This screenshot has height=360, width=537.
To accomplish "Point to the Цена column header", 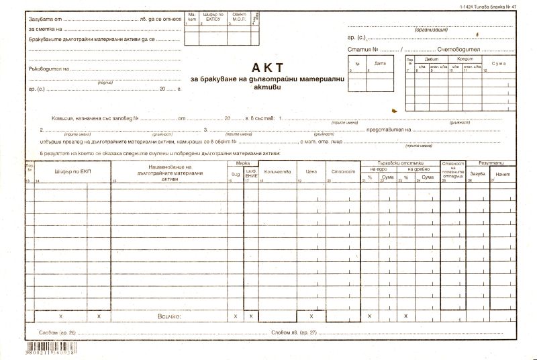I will (311, 172).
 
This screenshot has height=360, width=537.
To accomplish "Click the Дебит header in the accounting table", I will (430, 58).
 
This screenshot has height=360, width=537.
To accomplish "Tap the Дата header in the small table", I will (380, 64).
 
